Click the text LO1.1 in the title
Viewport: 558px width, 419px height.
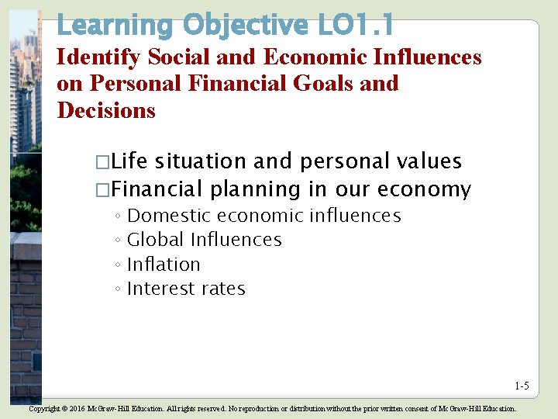click(354, 25)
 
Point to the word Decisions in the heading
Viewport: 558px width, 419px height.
click(106, 110)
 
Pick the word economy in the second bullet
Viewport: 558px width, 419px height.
click(429, 189)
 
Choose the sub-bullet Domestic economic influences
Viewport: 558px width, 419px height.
click(263, 216)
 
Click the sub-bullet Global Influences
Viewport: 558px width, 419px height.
click(204, 240)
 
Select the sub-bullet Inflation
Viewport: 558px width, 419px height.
click(164, 265)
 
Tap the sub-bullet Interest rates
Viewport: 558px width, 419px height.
click(186, 289)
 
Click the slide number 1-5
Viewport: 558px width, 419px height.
click(521, 386)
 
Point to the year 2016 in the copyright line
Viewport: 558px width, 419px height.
click(76, 408)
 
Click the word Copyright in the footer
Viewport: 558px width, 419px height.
click(43, 408)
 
